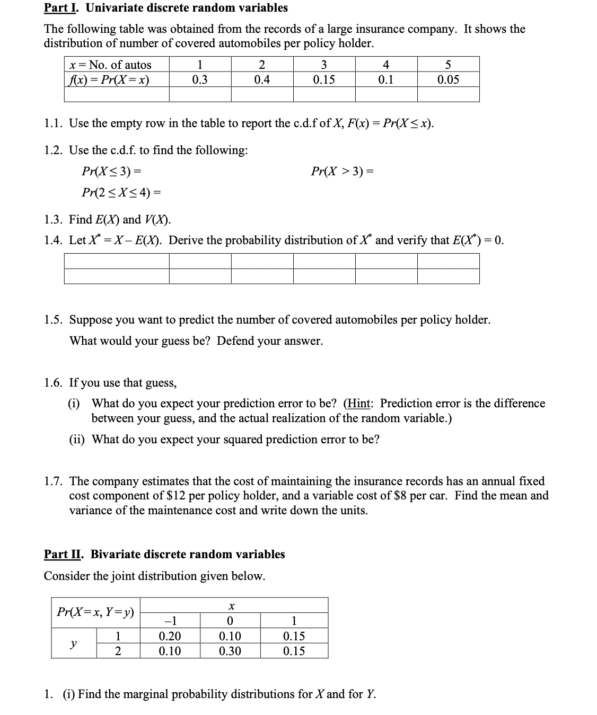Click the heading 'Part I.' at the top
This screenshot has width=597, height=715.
[x=60, y=8]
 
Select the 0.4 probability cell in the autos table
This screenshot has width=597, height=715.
[x=261, y=80]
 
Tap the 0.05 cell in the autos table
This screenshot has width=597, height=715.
[x=448, y=80]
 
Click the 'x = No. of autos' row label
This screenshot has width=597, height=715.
[x=110, y=65]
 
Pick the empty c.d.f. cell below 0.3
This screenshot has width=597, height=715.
[x=200, y=94]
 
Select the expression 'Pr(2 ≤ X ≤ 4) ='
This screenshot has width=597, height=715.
[x=121, y=192]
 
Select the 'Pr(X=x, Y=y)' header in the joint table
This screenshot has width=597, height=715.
[x=95, y=612]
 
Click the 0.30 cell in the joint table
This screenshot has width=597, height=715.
[x=230, y=651]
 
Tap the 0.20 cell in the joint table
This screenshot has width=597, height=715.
[x=170, y=636]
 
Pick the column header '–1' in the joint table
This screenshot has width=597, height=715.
[x=170, y=621]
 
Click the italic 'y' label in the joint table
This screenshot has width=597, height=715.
[x=73, y=643]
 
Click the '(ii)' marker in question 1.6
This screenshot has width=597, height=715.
[x=78, y=440]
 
